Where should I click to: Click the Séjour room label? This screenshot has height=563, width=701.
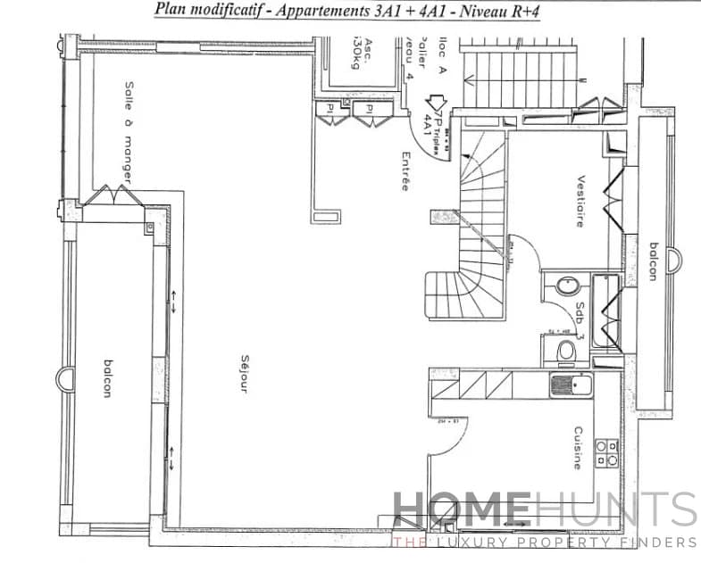(243, 375)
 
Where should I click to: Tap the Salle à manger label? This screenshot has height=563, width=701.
(129, 133)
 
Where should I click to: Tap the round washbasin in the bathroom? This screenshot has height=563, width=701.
(566, 286)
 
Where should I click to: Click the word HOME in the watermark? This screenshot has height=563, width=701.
(459, 510)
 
